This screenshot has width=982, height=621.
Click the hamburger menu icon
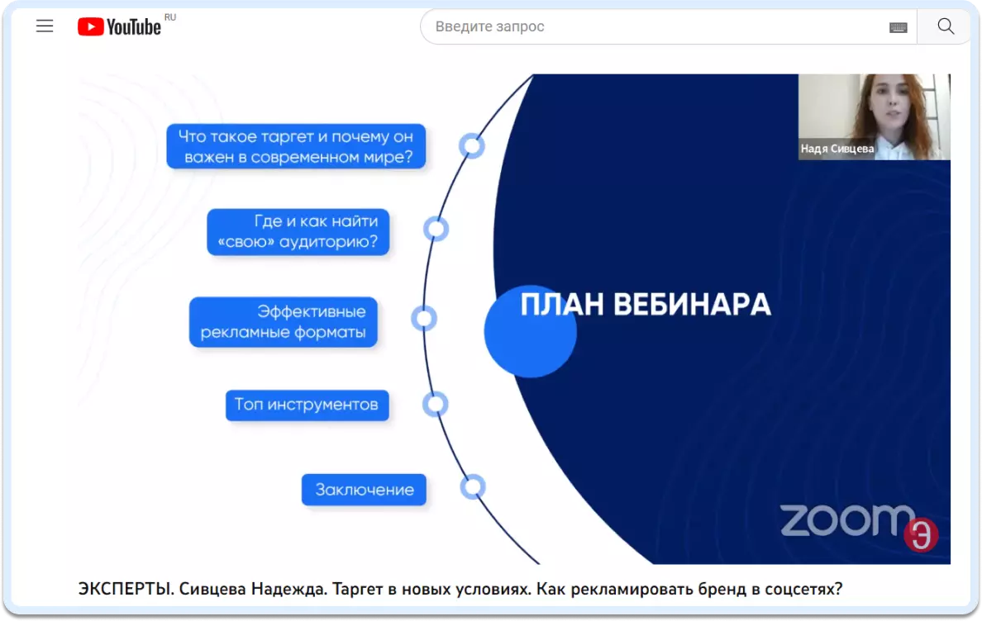point(45,26)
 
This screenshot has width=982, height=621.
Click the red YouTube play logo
point(91,27)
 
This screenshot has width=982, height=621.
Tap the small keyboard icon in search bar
point(898,27)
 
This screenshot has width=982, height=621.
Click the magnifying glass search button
point(946,26)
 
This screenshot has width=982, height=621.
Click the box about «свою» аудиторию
point(298,231)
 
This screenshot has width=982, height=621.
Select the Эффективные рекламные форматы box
point(283,321)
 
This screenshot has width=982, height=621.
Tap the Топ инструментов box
point(307,405)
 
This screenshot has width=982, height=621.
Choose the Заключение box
point(364,490)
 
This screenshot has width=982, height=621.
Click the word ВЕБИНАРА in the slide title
point(691,306)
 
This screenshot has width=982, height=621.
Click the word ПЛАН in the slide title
point(562,306)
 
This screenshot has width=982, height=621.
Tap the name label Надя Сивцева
point(837,149)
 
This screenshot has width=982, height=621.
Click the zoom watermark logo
point(846,520)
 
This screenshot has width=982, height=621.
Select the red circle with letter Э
point(921,534)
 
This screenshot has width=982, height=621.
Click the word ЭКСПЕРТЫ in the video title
point(126,589)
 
